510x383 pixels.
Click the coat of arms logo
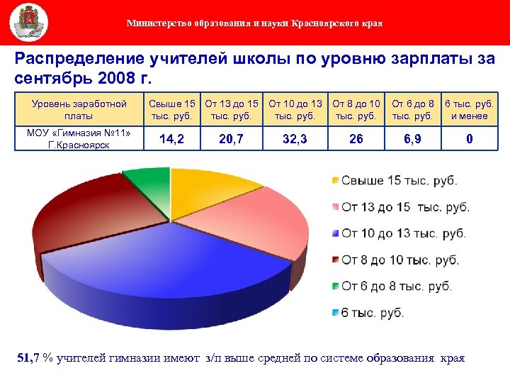click(x=29, y=22)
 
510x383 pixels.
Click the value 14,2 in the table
click(x=171, y=140)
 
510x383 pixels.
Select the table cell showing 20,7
click(x=232, y=140)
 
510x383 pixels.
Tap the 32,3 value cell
click(x=295, y=140)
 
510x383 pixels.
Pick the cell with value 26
click(x=356, y=140)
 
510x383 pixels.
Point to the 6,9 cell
click(x=412, y=140)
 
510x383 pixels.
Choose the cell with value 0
click(x=469, y=140)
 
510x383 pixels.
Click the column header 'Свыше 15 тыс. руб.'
click(x=171, y=110)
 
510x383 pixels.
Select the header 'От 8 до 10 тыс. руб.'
click(x=356, y=110)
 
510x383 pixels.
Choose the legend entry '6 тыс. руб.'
click(x=373, y=313)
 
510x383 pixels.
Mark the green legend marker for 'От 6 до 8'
click(x=334, y=287)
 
